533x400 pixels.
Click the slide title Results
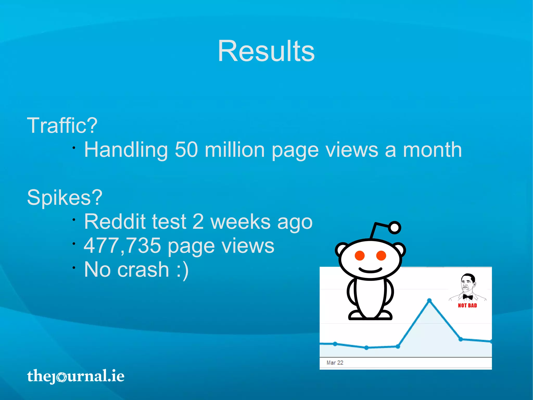[266, 51]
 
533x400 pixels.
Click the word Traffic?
[62, 126]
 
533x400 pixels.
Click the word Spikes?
[65, 198]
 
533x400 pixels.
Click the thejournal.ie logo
[75, 376]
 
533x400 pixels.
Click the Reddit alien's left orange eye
[360, 256]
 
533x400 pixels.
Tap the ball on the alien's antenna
[395, 228]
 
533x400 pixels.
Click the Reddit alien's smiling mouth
[370, 270]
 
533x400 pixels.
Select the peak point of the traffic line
[429, 300]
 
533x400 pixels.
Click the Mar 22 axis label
[335, 362]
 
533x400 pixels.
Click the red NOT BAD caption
[467, 305]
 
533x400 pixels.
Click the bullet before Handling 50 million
[74, 148]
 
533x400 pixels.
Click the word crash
[143, 270]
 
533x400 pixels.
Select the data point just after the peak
[461, 339]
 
